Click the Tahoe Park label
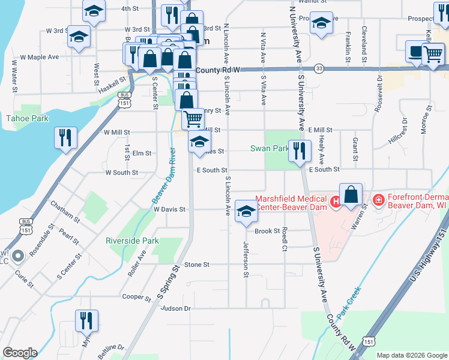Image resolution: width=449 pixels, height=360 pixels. coord(27,118)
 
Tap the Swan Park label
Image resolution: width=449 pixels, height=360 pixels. coord(270,148)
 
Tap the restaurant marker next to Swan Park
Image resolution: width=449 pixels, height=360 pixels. coord(299,150)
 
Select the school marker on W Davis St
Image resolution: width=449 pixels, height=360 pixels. coord(246,211)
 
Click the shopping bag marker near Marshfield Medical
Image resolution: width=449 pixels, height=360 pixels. coord(351,194)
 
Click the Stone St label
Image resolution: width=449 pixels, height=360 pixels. coord(196,264)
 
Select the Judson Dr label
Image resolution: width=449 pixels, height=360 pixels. coord(175,308)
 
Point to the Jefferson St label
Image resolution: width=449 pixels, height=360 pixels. coord(246,260)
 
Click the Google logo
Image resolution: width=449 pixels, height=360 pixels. coord(20,353)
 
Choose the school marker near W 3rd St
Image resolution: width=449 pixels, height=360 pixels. coord(79,36)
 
